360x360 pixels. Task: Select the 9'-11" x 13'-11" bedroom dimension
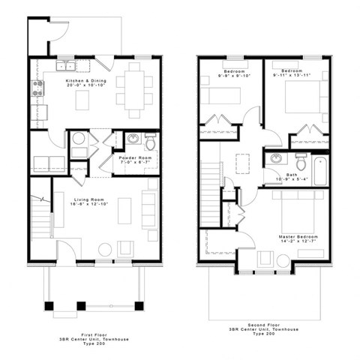coord(291,76)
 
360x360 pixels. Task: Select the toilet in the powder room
coord(149,141)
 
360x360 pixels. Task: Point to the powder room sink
coord(132,139)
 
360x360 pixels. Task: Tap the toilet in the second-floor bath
coord(301,160)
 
